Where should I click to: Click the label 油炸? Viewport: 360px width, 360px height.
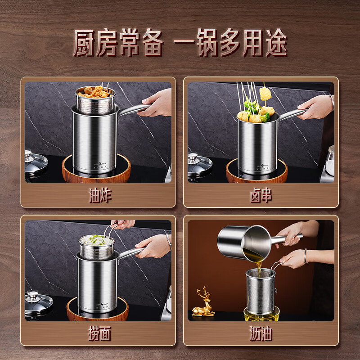click(x=99, y=196)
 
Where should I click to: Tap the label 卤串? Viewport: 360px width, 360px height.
click(x=261, y=196)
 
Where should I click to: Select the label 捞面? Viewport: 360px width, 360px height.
click(x=99, y=334)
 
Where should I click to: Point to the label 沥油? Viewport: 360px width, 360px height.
click(x=261, y=334)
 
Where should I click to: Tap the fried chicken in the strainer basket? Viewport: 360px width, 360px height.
click(x=95, y=92)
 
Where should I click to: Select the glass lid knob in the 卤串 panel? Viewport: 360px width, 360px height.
click(x=193, y=156)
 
